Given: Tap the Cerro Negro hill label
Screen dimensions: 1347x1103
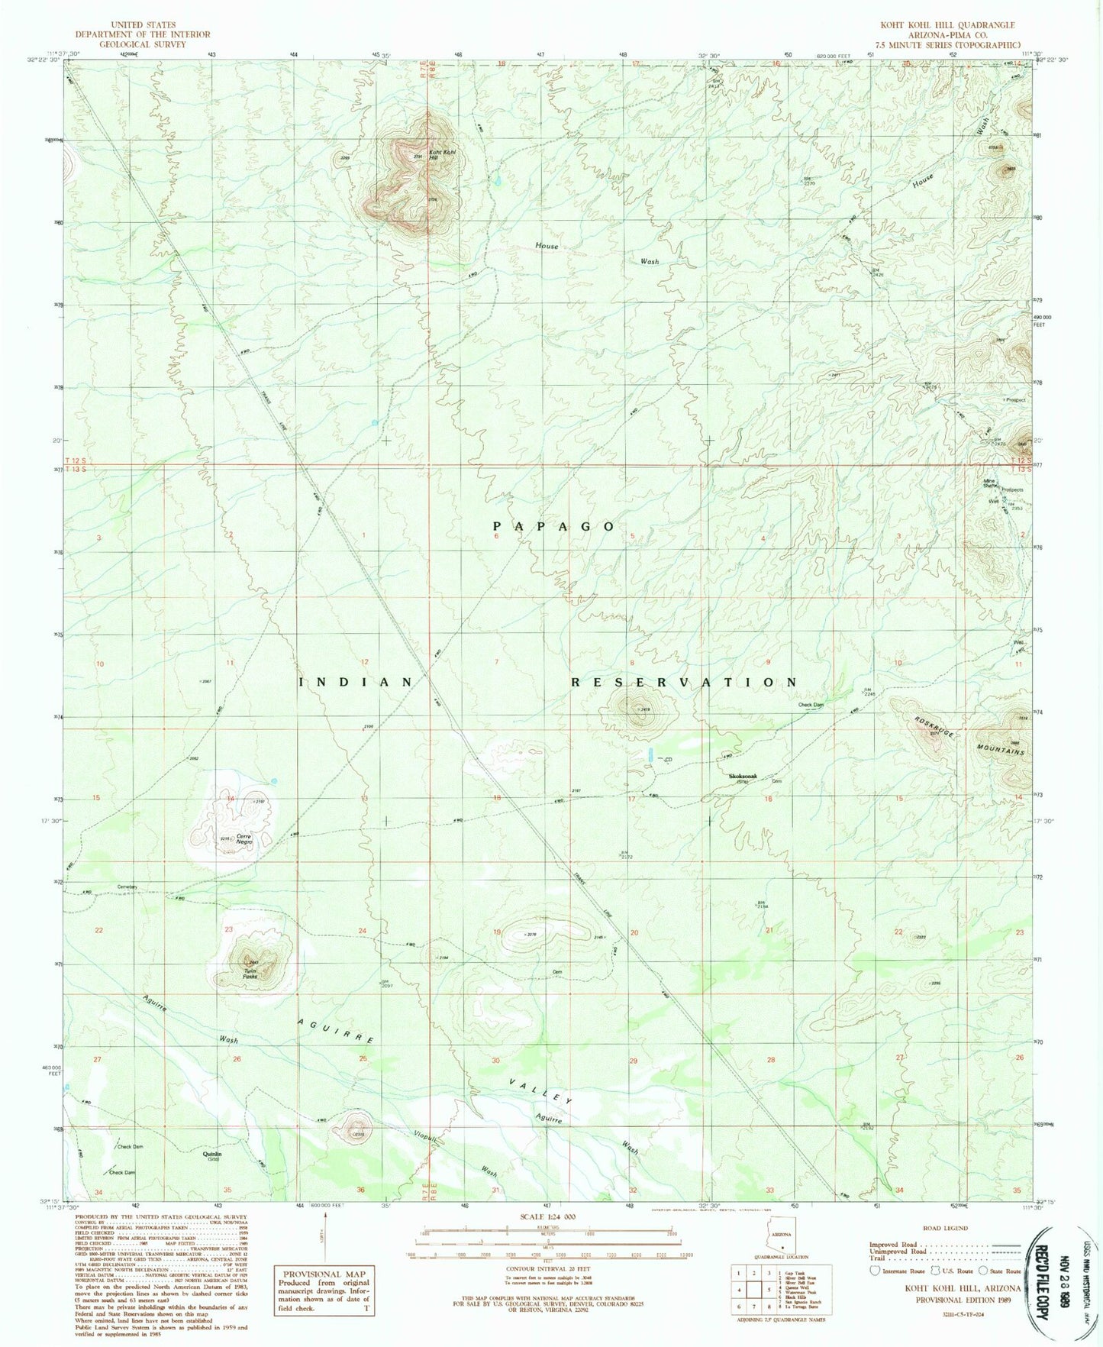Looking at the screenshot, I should pyautogui.click(x=243, y=838).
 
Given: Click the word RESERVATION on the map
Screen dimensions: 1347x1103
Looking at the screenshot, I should pyautogui.click(x=685, y=682).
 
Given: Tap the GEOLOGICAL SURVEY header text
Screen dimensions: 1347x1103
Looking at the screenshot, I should pyautogui.click(x=143, y=44).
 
